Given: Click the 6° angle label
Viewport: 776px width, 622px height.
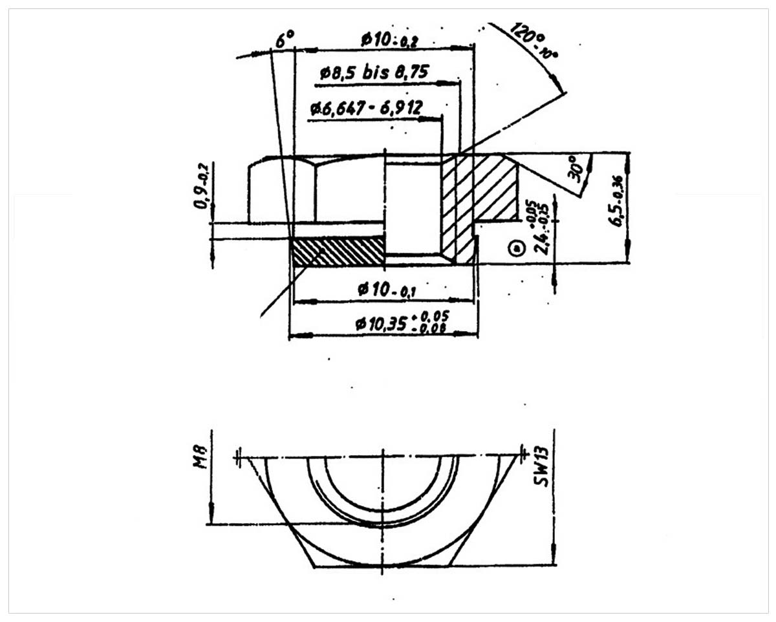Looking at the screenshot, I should tap(284, 40).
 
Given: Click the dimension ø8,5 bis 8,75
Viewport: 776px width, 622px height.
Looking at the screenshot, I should tap(374, 72).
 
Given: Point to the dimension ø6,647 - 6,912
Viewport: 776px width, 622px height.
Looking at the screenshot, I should tap(365, 108).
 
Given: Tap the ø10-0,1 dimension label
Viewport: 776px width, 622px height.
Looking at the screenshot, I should tap(386, 290).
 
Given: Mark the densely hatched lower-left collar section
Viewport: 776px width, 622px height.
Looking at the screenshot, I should tap(338, 251).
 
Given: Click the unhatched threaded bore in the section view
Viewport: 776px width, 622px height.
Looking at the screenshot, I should tap(413, 207).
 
